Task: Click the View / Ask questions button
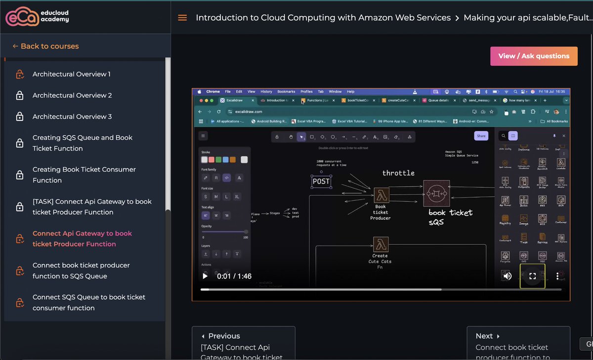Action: point(533,56)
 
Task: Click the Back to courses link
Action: point(45,46)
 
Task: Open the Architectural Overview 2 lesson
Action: point(72,95)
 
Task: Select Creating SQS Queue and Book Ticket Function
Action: point(83,143)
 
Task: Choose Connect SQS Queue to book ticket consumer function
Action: point(89,302)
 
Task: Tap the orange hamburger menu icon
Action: point(182,18)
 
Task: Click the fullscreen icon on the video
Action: point(532,276)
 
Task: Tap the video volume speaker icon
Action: point(507,276)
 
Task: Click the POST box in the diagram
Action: point(321,181)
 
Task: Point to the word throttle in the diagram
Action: point(398,173)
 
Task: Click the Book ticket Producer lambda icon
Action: point(381,195)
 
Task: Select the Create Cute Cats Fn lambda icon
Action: point(381,244)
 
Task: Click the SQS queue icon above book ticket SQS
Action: point(436,193)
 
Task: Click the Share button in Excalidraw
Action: point(481,136)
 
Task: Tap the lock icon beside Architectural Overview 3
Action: point(20,117)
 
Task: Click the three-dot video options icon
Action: point(557,276)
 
